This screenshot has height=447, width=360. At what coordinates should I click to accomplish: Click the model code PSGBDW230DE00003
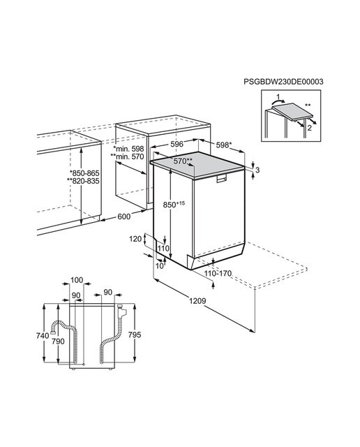[x=283, y=82]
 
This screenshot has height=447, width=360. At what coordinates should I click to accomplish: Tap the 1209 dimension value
[x=197, y=301]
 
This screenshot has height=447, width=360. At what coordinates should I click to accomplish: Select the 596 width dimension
[x=177, y=144]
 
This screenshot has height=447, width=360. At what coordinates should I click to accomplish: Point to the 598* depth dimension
[x=223, y=145]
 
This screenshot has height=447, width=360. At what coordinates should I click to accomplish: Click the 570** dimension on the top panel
[x=183, y=161]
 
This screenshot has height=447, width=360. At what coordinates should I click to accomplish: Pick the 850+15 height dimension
[x=174, y=205]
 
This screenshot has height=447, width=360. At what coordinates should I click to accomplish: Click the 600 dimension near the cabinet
[x=124, y=217]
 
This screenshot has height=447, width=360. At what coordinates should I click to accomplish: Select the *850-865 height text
[x=84, y=173]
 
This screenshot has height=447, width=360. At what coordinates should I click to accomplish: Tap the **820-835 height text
[x=83, y=181]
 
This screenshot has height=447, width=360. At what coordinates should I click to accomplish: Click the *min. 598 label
[x=128, y=149]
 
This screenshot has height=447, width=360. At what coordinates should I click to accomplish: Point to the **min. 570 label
[x=127, y=156]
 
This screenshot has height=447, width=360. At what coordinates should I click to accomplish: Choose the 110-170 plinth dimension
[x=218, y=274]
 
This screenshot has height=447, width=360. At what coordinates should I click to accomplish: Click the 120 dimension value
[x=135, y=239]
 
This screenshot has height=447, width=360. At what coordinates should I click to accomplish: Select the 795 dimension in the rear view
[x=135, y=335]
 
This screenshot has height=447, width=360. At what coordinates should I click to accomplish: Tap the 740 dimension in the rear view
[x=43, y=336]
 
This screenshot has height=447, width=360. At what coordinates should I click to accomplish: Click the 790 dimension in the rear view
[x=58, y=341]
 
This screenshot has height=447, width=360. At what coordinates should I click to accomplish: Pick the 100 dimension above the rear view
[x=77, y=280]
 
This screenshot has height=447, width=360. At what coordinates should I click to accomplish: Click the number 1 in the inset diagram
[x=278, y=96]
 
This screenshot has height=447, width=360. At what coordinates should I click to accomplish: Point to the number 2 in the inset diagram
[x=310, y=128]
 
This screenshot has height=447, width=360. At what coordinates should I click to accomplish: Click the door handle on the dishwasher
[x=221, y=179]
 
